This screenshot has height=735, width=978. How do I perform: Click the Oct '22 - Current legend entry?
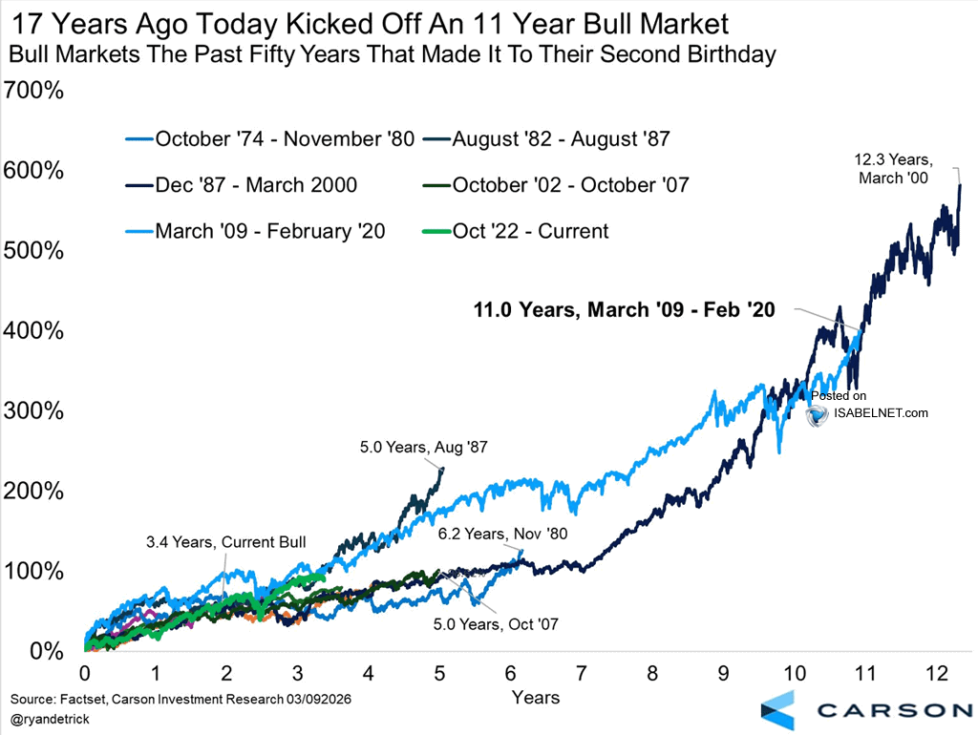pos(530,231)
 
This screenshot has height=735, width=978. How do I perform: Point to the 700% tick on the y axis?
pos(32,92)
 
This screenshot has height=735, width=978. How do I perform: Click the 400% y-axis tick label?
pos(32,331)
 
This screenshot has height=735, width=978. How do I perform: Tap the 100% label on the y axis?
pos(32,571)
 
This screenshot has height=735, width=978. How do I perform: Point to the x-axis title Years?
pos(535,698)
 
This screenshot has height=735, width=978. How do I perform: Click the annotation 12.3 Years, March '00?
pos(892,170)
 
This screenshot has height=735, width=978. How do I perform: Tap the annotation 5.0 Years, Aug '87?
pos(423,446)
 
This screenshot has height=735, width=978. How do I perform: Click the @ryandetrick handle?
pos(53,717)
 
